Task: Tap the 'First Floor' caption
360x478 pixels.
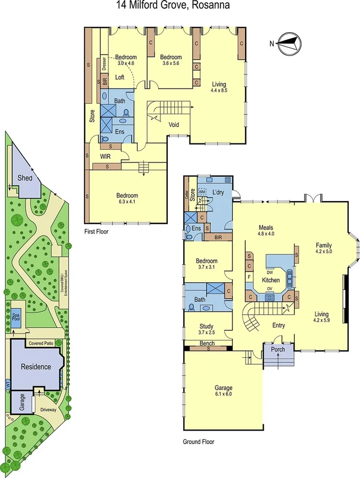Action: click(x=97, y=231)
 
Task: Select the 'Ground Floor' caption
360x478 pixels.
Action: click(x=199, y=441)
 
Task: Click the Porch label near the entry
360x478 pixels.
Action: click(x=278, y=349)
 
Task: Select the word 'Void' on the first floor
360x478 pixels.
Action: click(x=173, y=125)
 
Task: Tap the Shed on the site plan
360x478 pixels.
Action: click(x=25, y=178)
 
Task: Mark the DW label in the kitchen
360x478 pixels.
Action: click(x=269, y=273)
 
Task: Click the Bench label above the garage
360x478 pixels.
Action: click(x=207, y=344)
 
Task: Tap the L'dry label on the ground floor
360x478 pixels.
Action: click(x=217, y=191)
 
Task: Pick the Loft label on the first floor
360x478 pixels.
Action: click(x=120, y=77)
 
